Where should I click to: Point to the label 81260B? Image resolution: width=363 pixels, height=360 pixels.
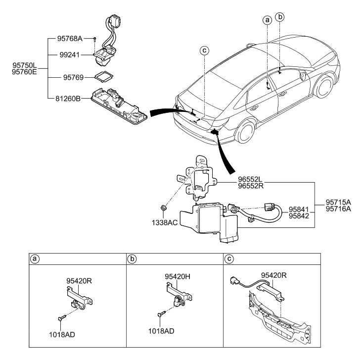tap(68, 98)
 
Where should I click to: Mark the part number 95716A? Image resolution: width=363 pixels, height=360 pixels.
tap(339, 209)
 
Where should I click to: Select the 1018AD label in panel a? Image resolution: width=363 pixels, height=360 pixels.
tap(62, 335)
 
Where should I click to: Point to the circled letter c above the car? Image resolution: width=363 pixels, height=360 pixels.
tap(204, 50)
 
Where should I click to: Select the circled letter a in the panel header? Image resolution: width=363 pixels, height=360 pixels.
tap(35, 258)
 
